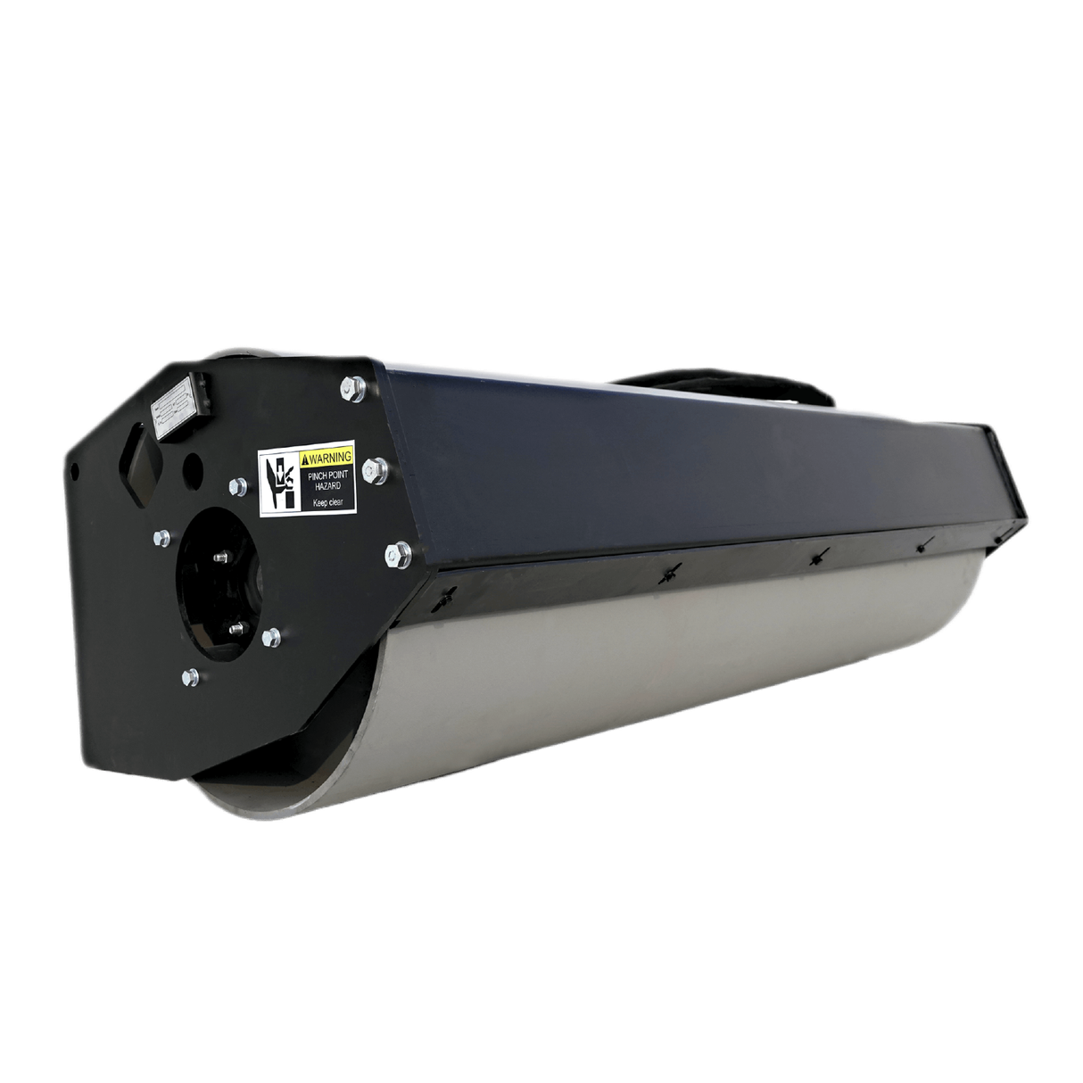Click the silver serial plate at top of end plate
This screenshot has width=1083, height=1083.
tap(179, 412)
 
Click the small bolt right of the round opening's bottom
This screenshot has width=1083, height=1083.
tap(269, 636)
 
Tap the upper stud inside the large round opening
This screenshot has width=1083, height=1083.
tap(219, 558)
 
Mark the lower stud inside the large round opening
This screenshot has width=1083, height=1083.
tap(234, 627)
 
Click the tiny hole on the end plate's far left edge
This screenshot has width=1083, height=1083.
tap(75, 467)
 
